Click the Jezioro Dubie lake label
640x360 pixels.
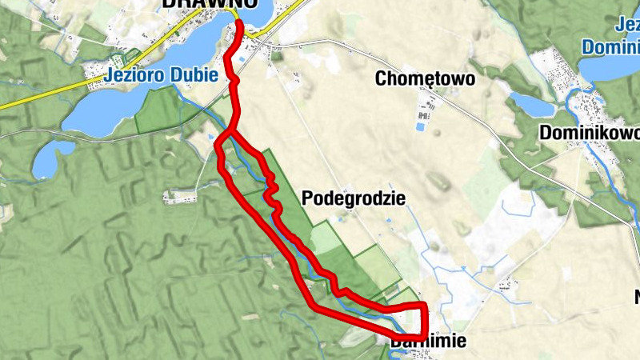click(x=162, y=76)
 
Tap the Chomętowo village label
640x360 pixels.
click(x=426, y=79)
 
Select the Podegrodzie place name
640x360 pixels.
click(x=354, y=198)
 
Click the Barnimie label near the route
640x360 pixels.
click(x=428, y=342)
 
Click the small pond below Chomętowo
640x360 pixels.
click(x=421, y=126)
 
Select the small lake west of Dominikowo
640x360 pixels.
click(x=530, y=104)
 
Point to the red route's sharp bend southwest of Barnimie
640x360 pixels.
click(x=314, y=304)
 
